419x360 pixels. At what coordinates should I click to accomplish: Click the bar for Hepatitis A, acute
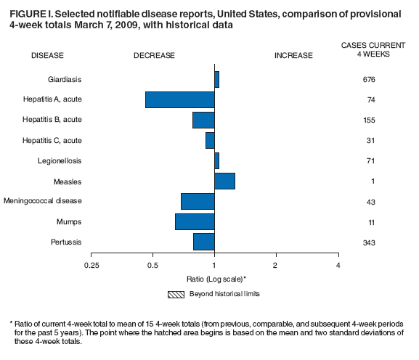[180, 99]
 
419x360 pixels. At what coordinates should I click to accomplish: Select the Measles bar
[224, 181]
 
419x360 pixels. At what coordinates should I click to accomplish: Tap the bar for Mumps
[195, 221]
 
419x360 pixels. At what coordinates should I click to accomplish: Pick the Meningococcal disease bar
[198, 201]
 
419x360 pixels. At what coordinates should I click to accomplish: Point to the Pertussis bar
[203, 242]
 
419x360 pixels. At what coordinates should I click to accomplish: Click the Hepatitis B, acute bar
[203, 120]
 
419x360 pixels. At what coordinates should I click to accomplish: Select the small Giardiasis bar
[216, 79]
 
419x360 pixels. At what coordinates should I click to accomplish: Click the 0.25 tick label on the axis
[91, 266]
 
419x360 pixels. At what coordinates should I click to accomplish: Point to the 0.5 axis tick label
[152, 266]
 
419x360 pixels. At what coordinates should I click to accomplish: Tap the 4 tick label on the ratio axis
[338, 266]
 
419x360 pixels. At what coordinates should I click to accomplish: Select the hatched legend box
[176, 294]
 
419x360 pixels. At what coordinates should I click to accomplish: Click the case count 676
[369, 79]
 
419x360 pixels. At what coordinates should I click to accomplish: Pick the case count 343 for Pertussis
[369, 242]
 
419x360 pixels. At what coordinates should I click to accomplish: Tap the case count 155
[369, 120]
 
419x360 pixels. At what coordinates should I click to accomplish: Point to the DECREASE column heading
[154, 55]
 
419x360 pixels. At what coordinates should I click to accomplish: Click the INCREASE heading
[293, 55]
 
